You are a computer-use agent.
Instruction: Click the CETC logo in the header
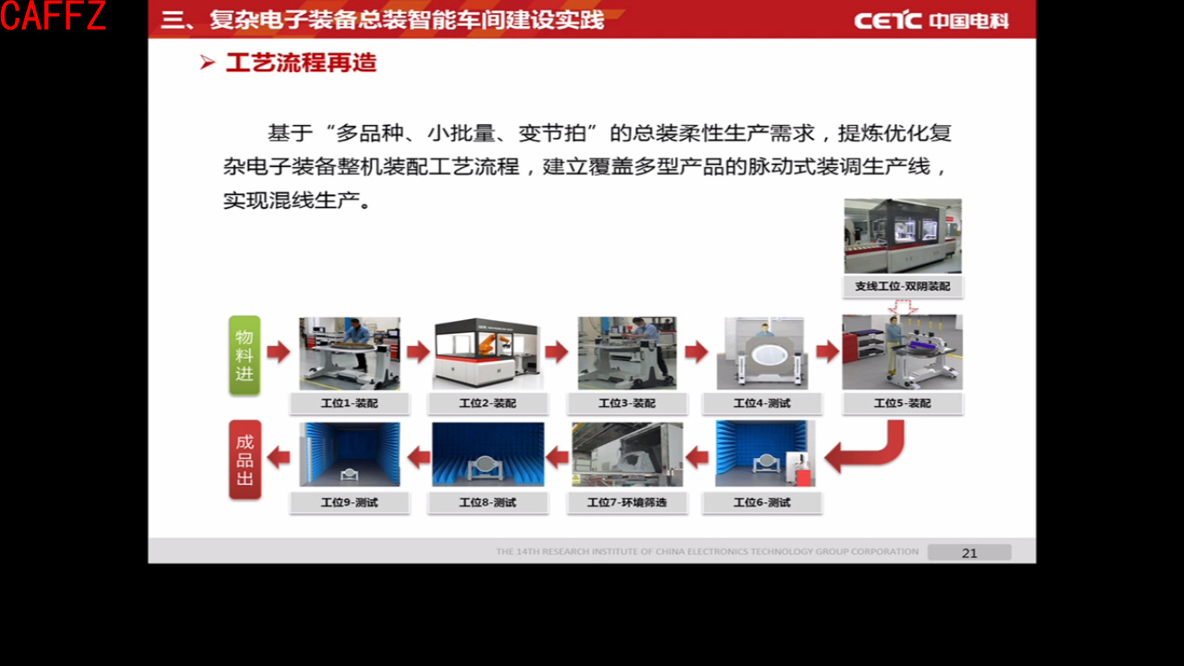tap(931, 20)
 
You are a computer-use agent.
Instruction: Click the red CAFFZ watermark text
tap(53, 16)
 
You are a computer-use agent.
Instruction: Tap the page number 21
tap(969, 552)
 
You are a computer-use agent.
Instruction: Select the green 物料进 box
tap(244, 356)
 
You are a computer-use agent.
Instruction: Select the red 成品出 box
tap(244, 460)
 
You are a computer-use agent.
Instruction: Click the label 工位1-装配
tap(349, 403)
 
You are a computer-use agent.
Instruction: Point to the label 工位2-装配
tap(487, 403)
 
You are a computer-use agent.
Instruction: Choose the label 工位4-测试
tap(762, 403)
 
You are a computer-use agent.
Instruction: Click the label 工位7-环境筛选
tap(627, 502)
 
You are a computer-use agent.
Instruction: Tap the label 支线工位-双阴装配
tap(901, 286)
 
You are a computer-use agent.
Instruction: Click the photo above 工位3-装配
tap(627, 353)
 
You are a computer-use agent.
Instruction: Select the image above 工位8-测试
tap(487, 454)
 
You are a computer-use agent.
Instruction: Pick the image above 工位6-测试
tap(762, 454)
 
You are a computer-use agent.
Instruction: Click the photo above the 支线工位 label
tap(902, 236)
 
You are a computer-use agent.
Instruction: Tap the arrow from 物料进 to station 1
tap(278, 351)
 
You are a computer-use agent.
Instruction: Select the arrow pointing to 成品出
tap(278, 456)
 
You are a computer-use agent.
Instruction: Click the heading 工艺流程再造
tap(300, 63)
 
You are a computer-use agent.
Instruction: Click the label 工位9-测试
tap(349, 502)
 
